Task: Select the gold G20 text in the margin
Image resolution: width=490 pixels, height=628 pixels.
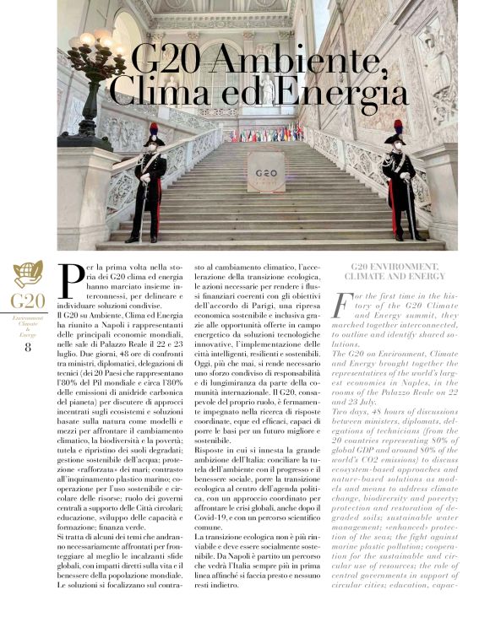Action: click(28, 301)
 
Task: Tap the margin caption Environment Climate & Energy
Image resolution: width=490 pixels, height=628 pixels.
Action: click(28, 326)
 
